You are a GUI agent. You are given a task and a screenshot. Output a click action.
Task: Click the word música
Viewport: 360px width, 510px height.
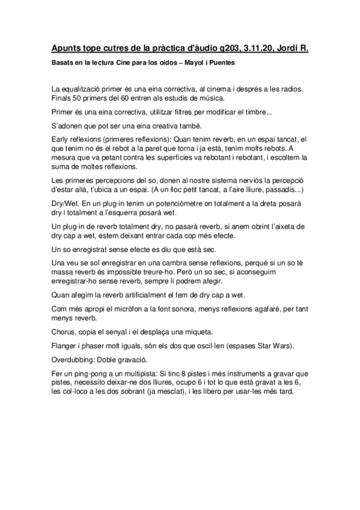click(x=195, y=97)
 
